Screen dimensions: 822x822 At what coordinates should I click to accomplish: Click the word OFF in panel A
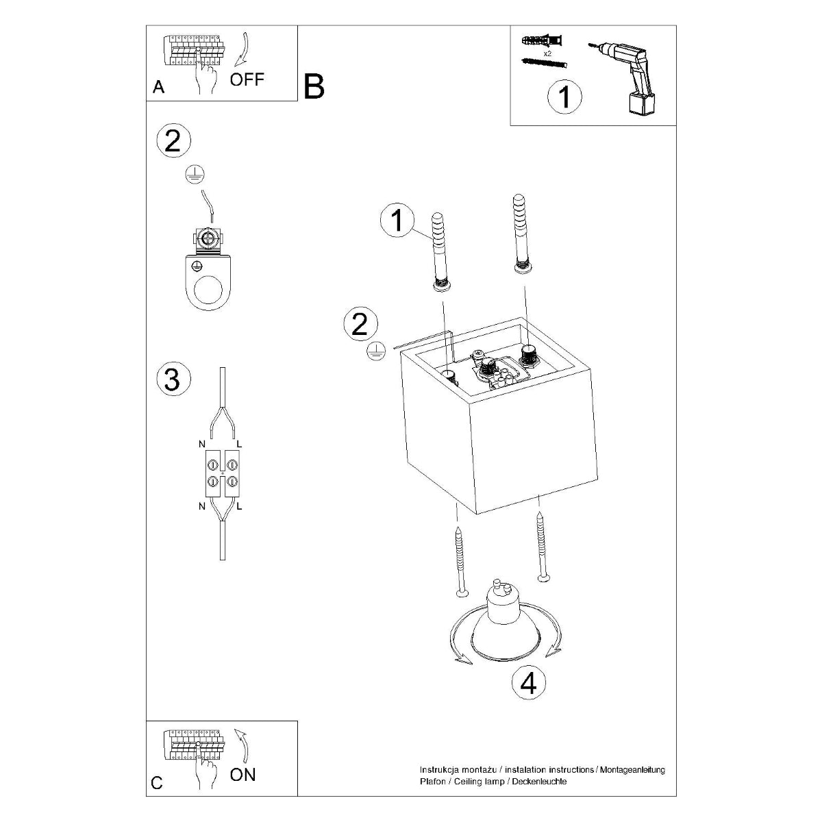coord(247,79)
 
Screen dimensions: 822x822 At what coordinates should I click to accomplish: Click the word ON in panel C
coord(242,774)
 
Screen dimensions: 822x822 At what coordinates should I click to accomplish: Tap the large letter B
coord(314,87)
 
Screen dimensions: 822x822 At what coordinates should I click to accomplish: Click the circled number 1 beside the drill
coord(564,97)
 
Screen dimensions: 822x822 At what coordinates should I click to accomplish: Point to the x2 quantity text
coord(547,53)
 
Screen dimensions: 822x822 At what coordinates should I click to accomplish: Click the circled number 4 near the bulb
coord(529,683)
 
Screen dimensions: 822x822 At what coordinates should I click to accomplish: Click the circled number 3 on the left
coord(172,379)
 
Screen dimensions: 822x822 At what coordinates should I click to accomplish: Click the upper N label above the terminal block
coord(202,445)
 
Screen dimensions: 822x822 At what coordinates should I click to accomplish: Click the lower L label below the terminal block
coord(239,507)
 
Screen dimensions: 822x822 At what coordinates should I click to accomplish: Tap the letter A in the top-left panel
coord(158,87)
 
